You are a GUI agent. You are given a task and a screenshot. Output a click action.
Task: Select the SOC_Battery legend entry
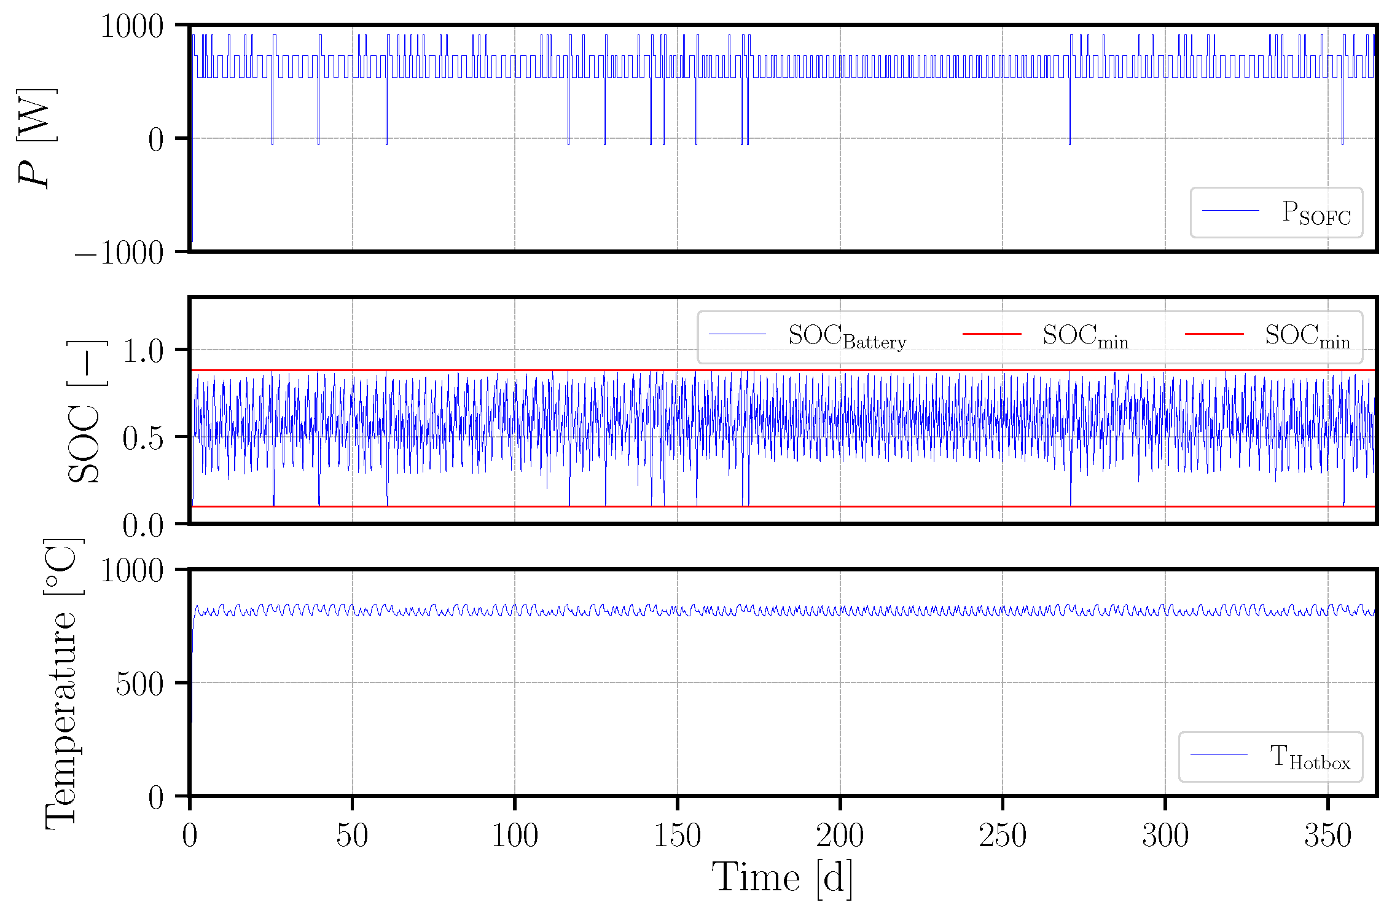coord(847,336)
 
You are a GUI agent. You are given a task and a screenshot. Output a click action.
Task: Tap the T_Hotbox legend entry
coord(1310,757)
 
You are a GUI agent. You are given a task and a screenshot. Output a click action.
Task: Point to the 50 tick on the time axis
coord(352,836)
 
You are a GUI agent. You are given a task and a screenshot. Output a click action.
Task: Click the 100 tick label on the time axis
coord(515,836)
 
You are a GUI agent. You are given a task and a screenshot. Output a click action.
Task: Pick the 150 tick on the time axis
coord(677,836)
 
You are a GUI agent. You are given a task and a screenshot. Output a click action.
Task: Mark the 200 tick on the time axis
coord(840,836)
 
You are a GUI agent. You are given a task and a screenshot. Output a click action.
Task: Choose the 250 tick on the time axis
coord(1003,836)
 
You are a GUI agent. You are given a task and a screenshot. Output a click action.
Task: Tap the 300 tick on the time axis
coord(1165,836)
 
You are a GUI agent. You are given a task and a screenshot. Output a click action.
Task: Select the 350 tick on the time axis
coord(1327,836)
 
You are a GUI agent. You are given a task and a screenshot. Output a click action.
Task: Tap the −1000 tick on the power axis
coord(119,253)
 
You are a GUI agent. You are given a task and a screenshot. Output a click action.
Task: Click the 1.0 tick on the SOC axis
coord(143,351)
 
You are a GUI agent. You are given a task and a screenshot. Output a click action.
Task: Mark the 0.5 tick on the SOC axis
coord(143,438)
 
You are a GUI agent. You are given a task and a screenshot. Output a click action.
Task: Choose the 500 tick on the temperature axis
coord(139,684)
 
